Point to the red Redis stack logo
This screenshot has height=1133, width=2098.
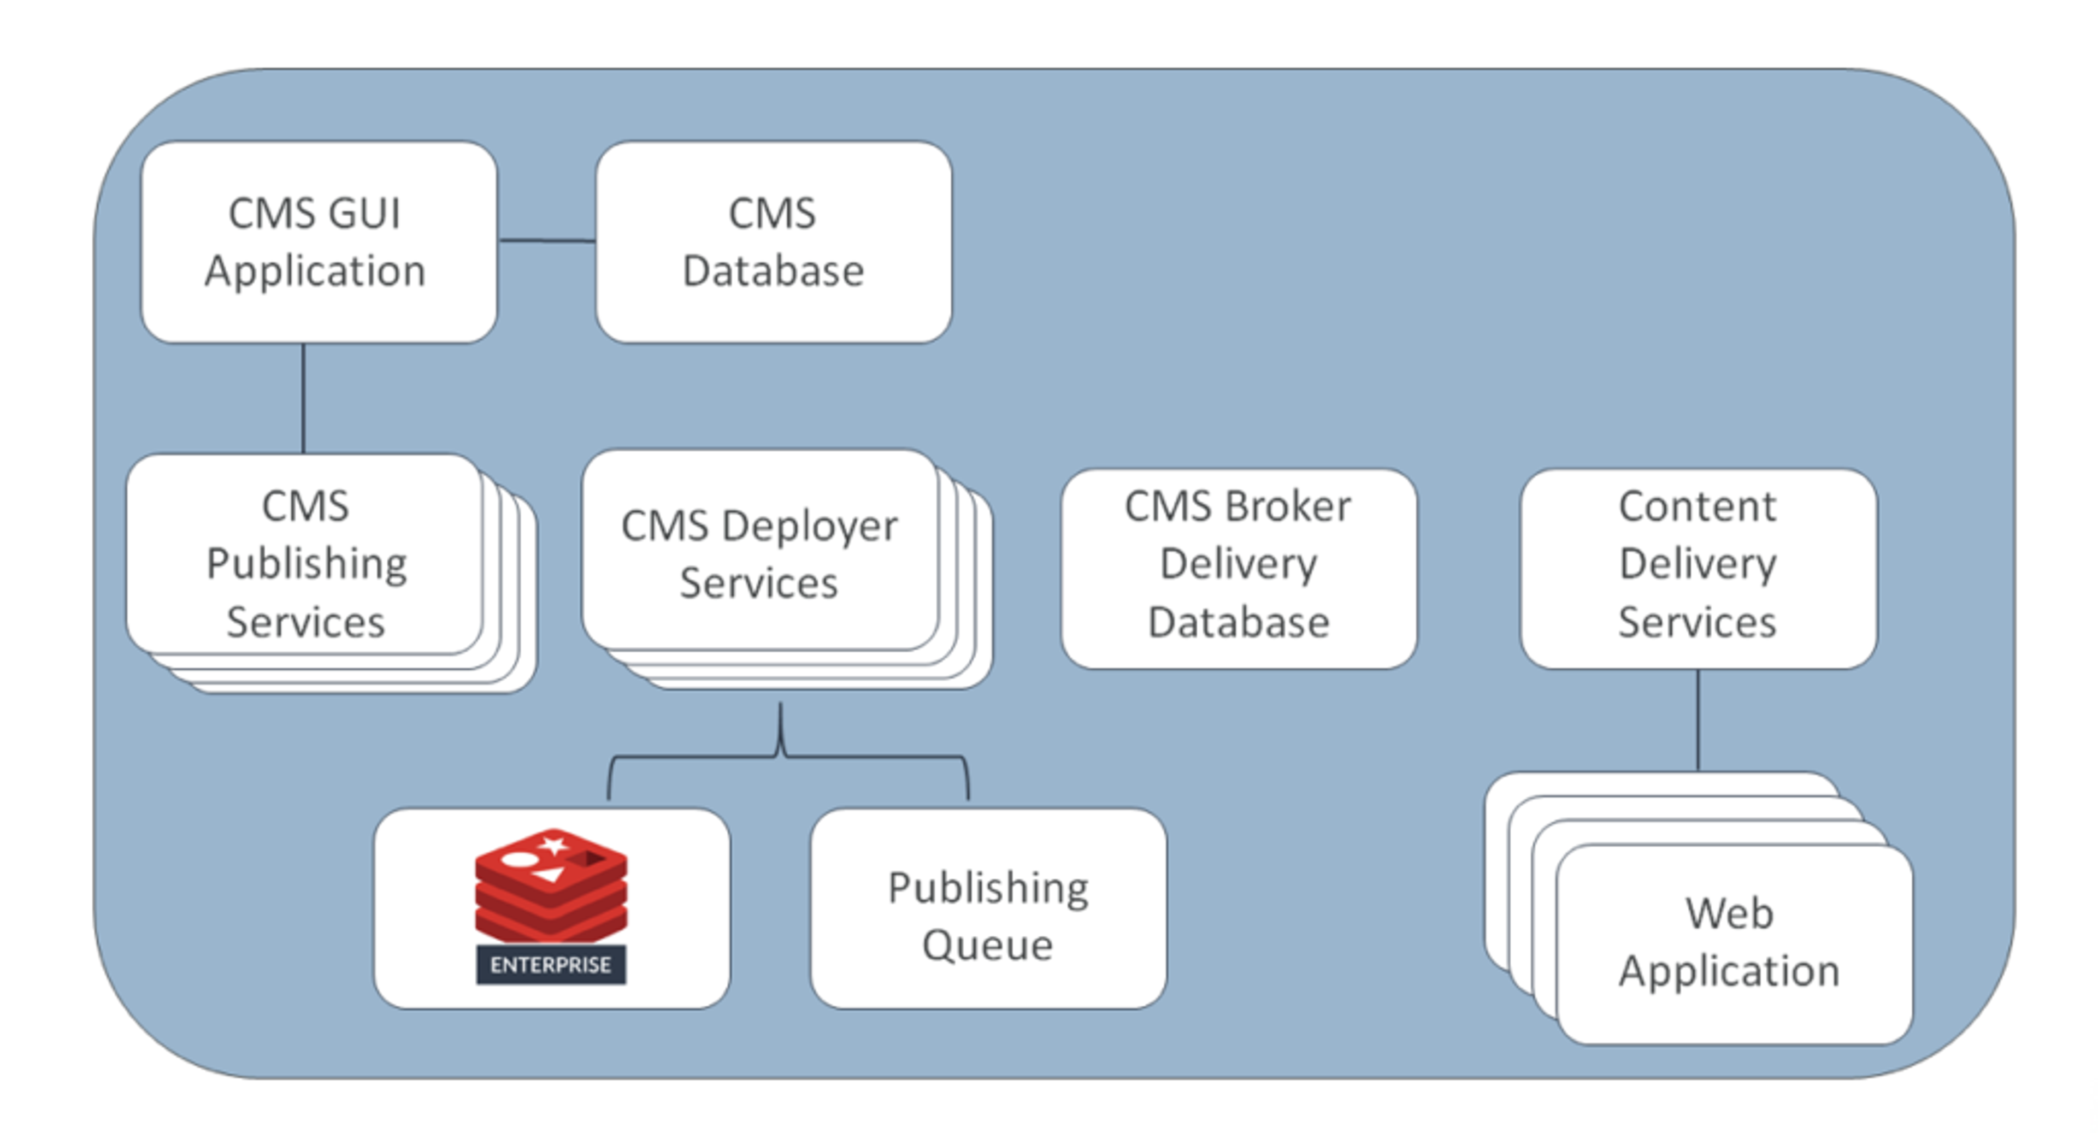coord(551,888)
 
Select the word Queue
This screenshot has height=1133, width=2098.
coord(988,945)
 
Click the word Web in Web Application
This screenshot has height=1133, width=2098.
coord(1729,913)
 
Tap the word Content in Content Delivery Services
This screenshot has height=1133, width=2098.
coord(1698,506)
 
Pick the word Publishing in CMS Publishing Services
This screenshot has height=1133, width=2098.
coord(306,564)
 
